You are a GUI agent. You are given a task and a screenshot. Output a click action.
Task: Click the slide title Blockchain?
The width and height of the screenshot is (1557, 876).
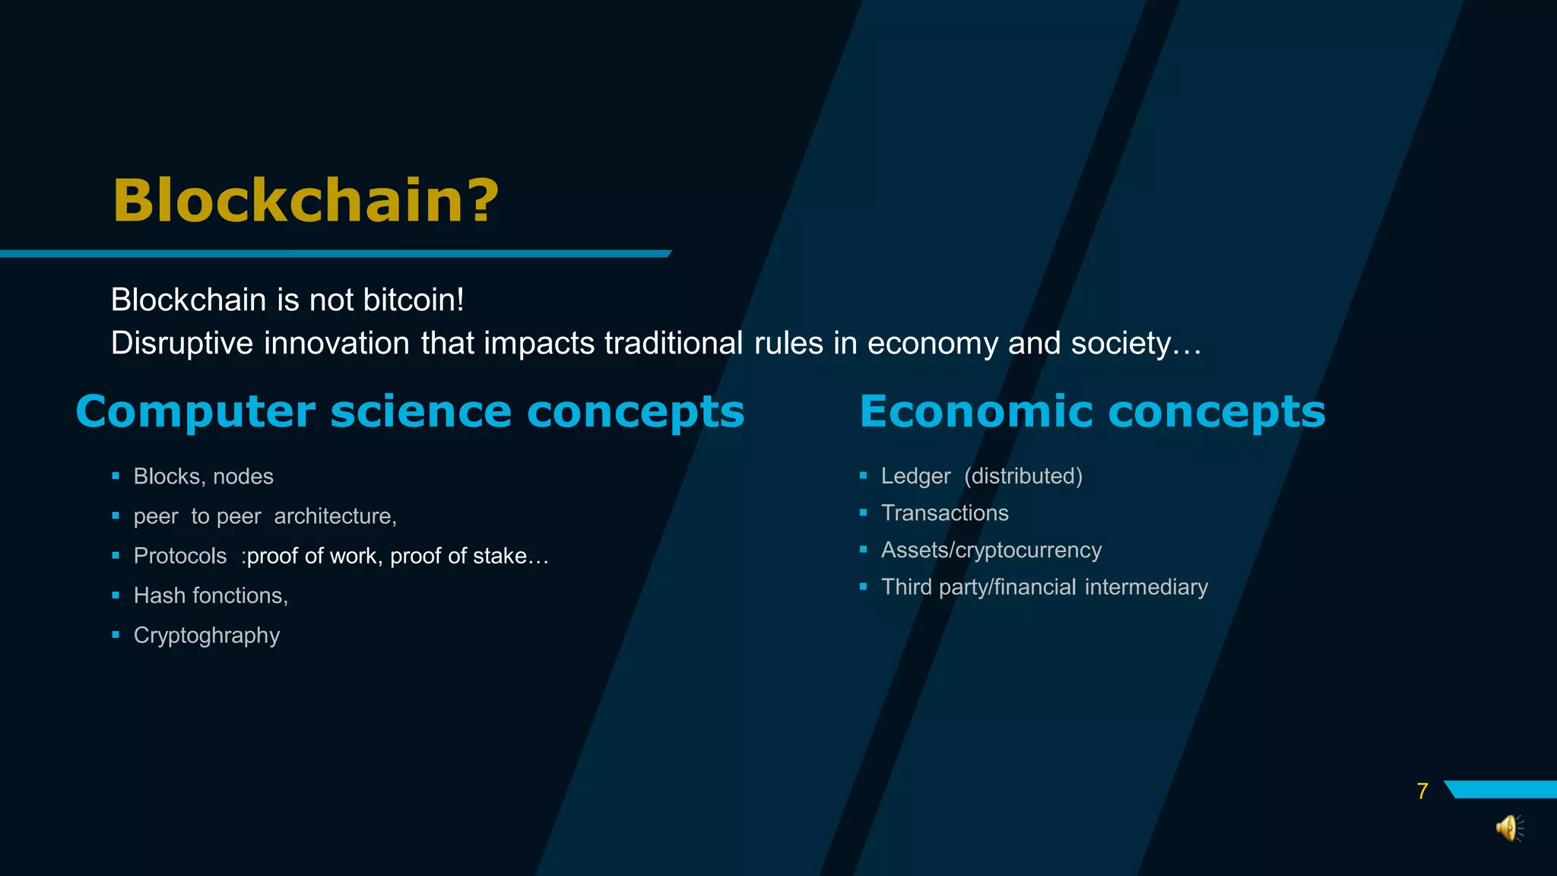[x=306, y=201]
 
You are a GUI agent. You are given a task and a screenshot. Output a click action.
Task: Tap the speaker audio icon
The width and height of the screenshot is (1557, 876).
[x=1509, y=828]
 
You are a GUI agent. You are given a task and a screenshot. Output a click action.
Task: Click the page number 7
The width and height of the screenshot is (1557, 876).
[x=1422, y=792]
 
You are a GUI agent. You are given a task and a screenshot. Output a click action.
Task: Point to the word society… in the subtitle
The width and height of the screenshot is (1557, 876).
[x=1136, y=344]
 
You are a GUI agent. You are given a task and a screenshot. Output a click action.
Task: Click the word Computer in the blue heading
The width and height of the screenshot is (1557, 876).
[x=195, y=412]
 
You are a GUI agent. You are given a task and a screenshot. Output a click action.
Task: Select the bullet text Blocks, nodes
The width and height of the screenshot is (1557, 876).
[x=203, y=477]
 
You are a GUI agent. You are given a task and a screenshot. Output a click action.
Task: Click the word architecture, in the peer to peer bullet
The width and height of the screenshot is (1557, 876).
[x=335, y=516]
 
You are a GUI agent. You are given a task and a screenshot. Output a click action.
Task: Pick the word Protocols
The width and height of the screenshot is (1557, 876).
[x=180, y=556]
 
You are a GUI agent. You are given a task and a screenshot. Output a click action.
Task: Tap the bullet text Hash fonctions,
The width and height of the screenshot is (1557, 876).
[x=211, y=595]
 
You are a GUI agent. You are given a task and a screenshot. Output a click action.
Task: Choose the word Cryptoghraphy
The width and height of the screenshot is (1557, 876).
[x=207, y=636]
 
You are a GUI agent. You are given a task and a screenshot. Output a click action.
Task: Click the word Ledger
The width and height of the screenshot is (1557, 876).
[x=915, y=476]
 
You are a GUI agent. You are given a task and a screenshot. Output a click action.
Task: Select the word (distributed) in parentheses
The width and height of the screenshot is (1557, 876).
[x=1023, y=476]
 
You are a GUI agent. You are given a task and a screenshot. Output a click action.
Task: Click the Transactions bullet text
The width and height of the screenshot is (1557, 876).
[x=944, y=513]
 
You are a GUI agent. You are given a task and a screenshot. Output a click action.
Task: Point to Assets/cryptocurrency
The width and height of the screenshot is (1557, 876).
[x=991, y=550]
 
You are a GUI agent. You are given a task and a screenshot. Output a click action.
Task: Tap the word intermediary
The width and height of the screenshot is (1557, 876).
[x=1146, y=587]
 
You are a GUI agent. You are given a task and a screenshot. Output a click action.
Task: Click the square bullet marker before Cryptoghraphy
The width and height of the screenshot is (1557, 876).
[x=116, y=634]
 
